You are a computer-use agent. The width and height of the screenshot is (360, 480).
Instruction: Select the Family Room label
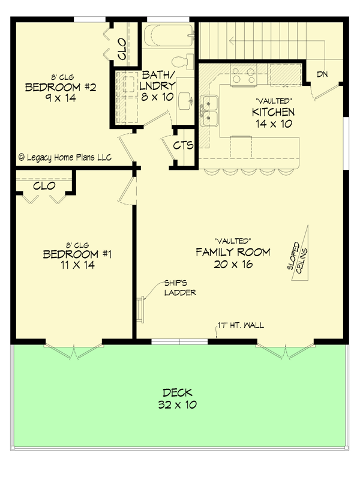233,252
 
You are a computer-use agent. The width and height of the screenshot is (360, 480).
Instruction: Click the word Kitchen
273,112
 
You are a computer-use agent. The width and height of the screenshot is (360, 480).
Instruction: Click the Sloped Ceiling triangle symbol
300,252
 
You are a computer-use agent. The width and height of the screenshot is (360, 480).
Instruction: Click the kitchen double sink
209,111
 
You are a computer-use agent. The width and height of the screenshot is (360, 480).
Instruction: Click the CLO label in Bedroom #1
44,186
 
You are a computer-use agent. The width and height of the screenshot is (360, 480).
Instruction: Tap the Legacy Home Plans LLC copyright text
64,157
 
